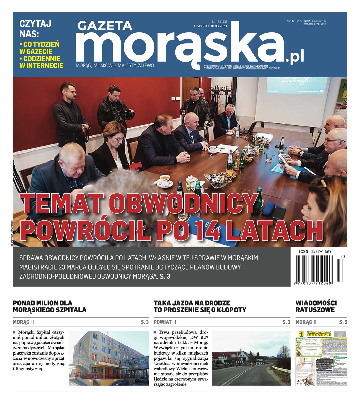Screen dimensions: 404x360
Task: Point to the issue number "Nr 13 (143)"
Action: [220, 22]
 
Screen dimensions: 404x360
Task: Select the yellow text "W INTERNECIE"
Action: [41, 66]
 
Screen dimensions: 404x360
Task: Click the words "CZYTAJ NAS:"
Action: [35, 29]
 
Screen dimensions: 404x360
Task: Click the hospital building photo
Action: [109, 358]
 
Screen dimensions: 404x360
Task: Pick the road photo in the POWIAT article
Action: [251, 358]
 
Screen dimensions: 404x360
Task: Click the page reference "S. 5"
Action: [343, 322]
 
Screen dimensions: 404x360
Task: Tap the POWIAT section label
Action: [163, 322]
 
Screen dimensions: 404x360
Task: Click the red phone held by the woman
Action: [135, 165]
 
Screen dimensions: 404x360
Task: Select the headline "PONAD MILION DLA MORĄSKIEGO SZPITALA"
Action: [49, 306]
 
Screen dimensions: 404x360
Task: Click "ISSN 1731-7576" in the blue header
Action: [294, 21]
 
